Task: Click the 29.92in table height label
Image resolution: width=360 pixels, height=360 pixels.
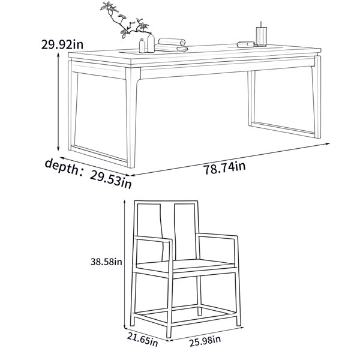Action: (62, 44)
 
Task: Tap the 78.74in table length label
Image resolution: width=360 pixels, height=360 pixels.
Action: (224, 168)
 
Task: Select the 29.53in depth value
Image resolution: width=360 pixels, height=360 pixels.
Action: (111, 179)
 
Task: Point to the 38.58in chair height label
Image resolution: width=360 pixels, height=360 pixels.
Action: (106, 262)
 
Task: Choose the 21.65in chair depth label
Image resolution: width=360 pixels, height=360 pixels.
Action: (142, 340)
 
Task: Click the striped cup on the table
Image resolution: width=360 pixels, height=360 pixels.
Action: (262, 36)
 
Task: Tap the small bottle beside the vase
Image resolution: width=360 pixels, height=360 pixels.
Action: (142, 46)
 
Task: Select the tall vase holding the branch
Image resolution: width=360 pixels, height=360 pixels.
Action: (151, 43)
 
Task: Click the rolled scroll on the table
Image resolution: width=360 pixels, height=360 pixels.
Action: (171, 45)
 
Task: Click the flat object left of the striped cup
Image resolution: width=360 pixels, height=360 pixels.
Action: (246, 44)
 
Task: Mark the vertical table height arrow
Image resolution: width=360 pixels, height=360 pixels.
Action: (58, 102)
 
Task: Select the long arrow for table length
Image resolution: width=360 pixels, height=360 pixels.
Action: (230, 160)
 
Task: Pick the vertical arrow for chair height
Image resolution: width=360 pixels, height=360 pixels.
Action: (125, 264)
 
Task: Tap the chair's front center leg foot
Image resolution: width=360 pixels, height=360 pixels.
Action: (169, 335)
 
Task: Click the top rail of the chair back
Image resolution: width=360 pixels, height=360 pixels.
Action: (166, 202)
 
